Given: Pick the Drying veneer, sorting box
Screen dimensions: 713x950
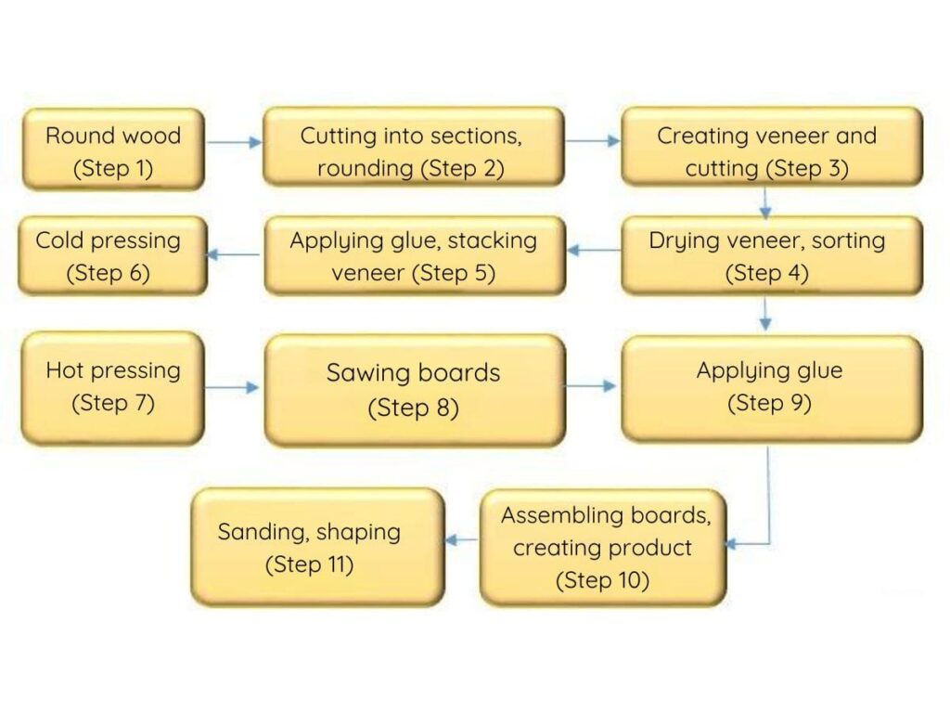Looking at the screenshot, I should (x=771, y=255).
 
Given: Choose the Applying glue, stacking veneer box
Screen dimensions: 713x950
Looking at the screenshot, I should (x=414, y=255).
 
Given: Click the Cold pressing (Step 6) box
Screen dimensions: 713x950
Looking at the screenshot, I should (x=112, y=255).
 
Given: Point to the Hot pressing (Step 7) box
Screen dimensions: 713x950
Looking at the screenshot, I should (x=112, y=387).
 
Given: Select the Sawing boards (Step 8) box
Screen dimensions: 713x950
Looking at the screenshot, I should (x=414, y=389).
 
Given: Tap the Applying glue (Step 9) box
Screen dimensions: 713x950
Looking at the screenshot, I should (x=771, y=387).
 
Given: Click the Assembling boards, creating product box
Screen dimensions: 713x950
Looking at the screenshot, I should (x=602, y=548).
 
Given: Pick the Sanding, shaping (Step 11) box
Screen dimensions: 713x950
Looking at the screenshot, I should (x=317, y=547).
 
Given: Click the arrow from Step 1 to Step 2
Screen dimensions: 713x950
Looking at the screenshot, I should (x=234, y=143).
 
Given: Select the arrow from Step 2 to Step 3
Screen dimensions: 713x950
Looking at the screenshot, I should (x=592, y=141).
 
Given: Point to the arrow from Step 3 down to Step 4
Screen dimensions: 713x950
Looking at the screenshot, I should (x=766, y=201).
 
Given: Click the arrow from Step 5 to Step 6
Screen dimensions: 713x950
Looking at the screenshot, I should (x=234, y=254).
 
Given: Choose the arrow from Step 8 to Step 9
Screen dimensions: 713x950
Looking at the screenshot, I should (x=592, y=385).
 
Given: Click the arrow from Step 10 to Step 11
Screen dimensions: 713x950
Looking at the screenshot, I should (x=462, y=539).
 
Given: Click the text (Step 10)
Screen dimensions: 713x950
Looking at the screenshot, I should (x=602, y=581).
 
